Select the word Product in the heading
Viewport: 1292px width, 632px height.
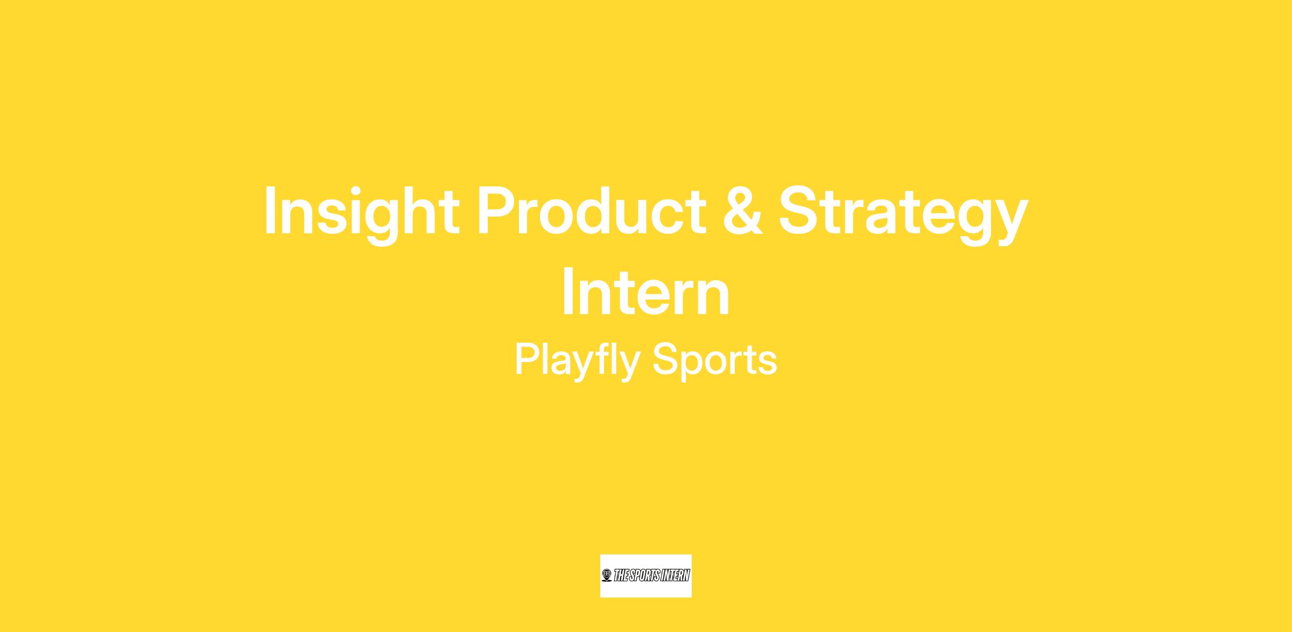pos(591,211)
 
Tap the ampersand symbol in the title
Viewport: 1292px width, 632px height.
pos(742,211)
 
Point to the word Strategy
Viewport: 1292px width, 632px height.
pos(903,214)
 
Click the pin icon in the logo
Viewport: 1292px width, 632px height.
pos(607,576)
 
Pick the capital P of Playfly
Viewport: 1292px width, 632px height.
pos(528,359)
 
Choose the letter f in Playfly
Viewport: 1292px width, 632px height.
pos(608,358)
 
